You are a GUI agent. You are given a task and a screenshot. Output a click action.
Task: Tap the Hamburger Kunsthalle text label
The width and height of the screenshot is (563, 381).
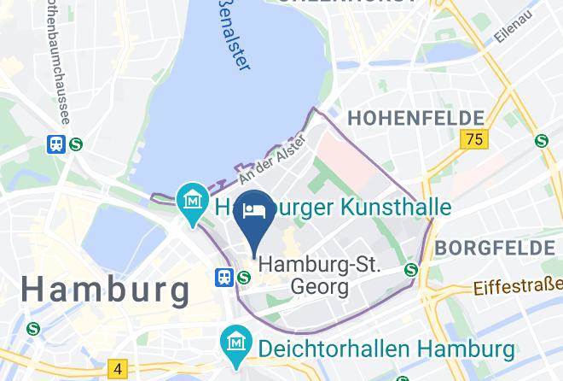333,208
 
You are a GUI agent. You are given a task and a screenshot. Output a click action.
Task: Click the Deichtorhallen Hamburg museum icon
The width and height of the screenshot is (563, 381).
234,345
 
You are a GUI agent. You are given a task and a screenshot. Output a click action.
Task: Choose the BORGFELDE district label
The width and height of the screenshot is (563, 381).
494,248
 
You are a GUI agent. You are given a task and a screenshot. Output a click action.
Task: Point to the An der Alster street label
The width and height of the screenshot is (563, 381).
272,157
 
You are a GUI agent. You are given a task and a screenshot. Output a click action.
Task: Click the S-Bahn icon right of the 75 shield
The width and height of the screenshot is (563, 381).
540,141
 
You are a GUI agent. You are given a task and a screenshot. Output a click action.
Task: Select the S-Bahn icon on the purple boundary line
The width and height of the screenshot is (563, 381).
411,270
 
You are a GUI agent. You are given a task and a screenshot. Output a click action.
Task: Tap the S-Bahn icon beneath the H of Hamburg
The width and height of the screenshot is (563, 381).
33,327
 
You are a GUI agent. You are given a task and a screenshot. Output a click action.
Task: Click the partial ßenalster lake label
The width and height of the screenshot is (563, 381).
230,42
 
